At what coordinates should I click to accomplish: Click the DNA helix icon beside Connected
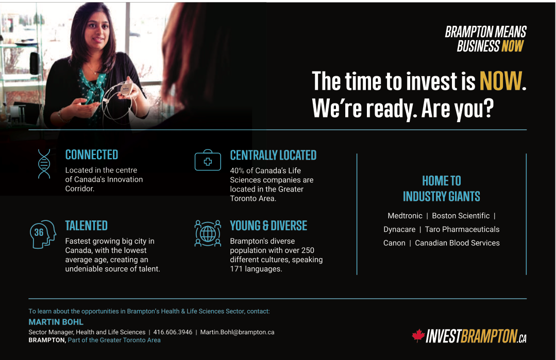(44, 164)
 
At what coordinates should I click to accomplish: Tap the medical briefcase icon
(208, 160)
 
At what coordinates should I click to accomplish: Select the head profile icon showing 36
(43, 234)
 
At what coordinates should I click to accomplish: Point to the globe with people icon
(208, 233)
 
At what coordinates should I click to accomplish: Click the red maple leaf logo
(418, 336)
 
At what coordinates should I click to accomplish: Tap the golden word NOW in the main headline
(501, 81)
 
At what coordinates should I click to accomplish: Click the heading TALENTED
(86, 226)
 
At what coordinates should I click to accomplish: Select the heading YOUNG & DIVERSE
(268, 226)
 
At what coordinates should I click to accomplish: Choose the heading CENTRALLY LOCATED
(273, 155)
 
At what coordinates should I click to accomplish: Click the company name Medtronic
(405, 216)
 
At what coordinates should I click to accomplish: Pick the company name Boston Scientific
(461, 216)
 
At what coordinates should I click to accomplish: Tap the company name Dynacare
(399, 229)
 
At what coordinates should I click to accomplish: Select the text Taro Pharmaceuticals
(462, 229)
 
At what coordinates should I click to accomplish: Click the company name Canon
(394, 243)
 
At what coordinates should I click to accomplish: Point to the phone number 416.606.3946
(173, 332)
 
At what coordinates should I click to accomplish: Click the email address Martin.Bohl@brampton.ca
(237, 332)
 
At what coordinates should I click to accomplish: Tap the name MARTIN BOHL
(56, 322)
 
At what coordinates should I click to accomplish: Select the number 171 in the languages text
(237, 269)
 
